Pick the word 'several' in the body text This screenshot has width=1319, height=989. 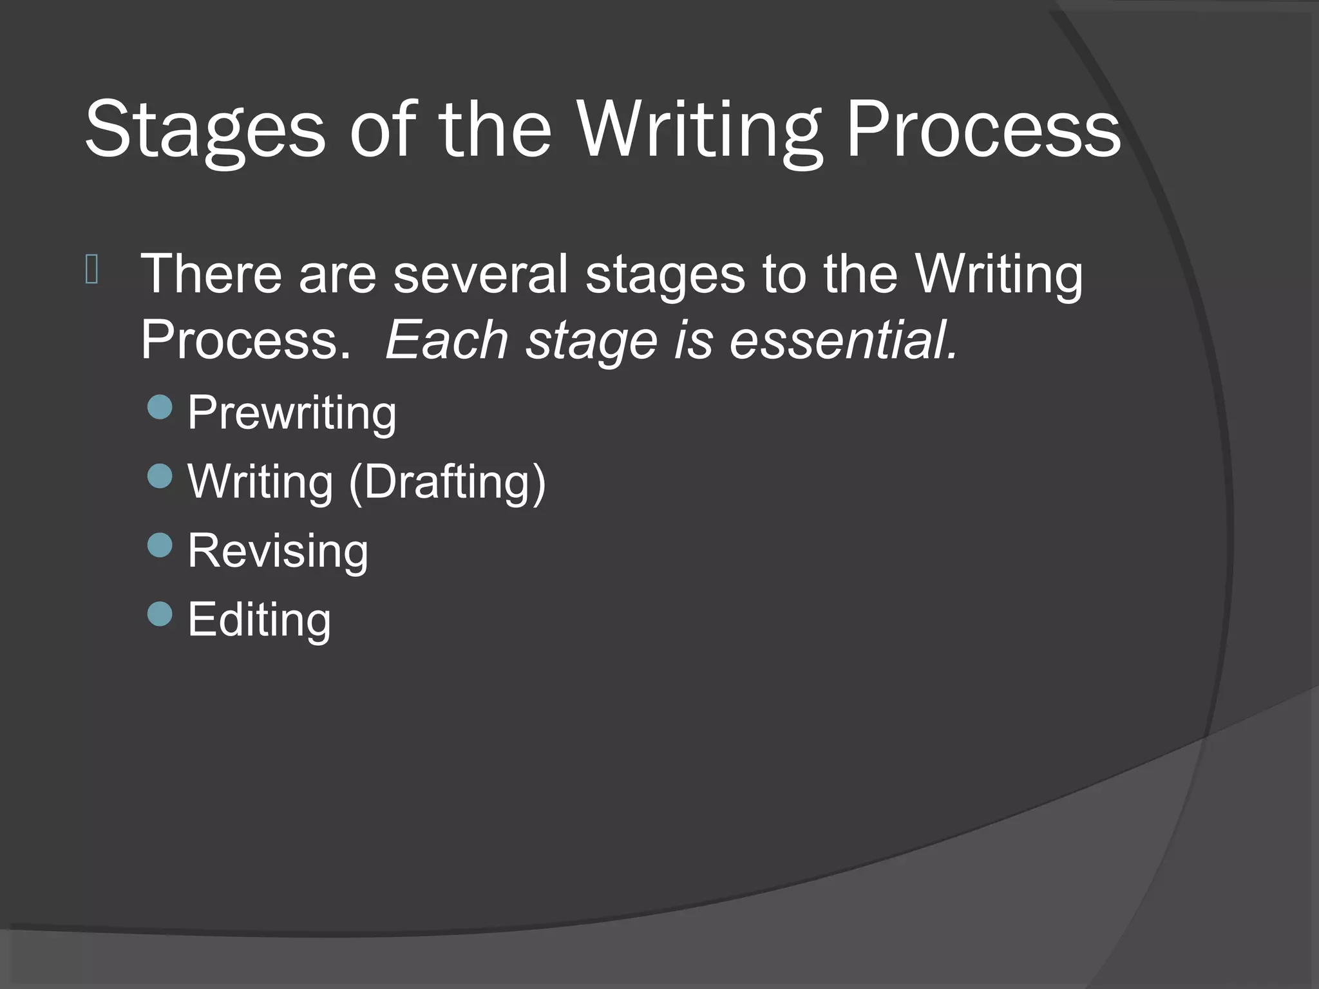480,274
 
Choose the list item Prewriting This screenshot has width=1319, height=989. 292,413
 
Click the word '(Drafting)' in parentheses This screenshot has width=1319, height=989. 447,482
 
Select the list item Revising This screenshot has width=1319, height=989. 278,551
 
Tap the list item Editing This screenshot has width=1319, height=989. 259,619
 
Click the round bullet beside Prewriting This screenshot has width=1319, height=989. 160,408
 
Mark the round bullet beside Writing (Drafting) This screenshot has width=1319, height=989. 160,476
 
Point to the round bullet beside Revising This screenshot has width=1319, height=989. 160,545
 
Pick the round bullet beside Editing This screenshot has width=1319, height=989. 160,614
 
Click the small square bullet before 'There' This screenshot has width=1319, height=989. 91,270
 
